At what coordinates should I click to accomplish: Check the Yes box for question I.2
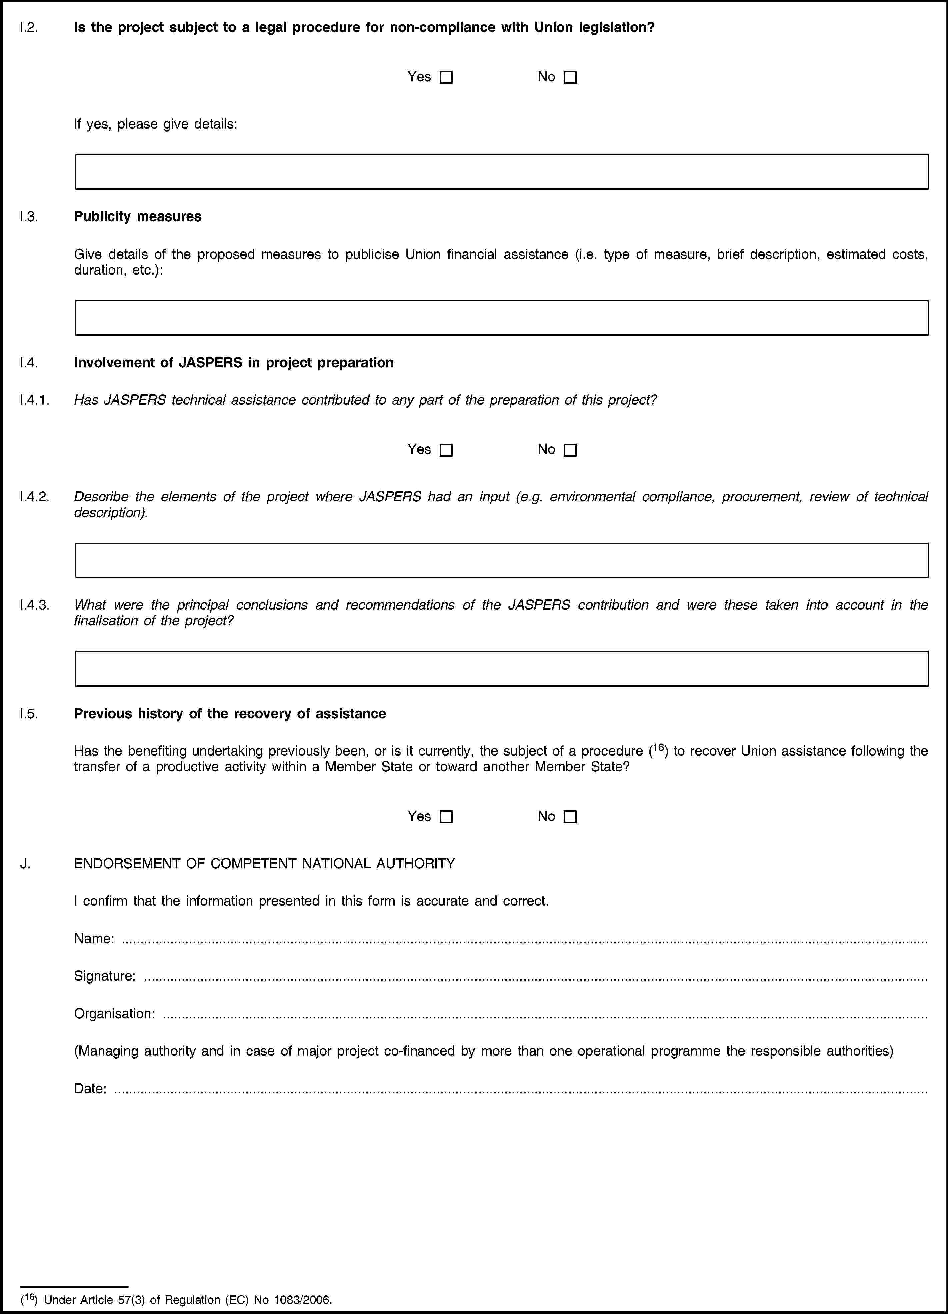[x=446, y=78]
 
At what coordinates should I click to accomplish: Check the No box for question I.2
[x=570, y=78]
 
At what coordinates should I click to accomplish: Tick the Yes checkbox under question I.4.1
[x=446, y=450]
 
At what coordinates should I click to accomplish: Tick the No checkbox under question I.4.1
[x=570, y=450]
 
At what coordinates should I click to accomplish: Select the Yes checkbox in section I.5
[x=446, y=817]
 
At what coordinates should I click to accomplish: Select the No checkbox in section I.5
[x=570, y=817]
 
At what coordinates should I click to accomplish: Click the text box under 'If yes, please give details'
[x=502, y=172]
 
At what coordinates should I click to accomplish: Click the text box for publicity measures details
[x=502, y=318]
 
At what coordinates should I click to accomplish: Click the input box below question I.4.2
[x=502, y=560]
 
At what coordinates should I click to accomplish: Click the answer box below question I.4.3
[x=502, y=669]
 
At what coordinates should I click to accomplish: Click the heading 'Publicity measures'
[x=138, y=217]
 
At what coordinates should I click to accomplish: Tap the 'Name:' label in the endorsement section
[x=94, y=939]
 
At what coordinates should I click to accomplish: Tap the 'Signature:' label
[x=105, y=976]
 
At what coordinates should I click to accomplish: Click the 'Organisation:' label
[x=114, y=1014]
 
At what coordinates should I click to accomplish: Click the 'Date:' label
[x=90, y=1089]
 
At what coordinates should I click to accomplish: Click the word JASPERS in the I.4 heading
[x=211, y=363]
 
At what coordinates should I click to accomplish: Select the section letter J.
[x=25, y=864]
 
